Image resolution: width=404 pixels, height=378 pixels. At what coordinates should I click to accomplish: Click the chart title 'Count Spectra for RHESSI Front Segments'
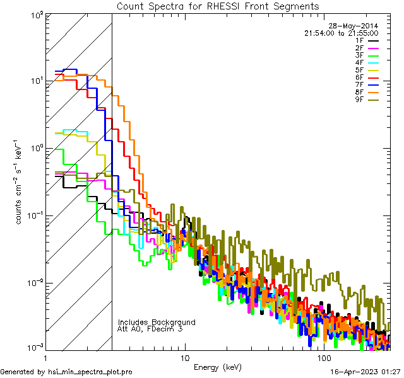218,6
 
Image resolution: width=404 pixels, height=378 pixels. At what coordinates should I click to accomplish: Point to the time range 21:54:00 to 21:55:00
341,33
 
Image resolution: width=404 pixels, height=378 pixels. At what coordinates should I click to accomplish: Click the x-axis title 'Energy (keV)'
218,367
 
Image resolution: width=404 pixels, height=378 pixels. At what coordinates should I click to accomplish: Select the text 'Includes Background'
157,322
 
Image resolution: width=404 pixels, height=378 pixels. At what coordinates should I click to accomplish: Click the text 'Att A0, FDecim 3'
150,329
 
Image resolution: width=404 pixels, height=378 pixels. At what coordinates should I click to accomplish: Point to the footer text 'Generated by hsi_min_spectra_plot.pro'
67,372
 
